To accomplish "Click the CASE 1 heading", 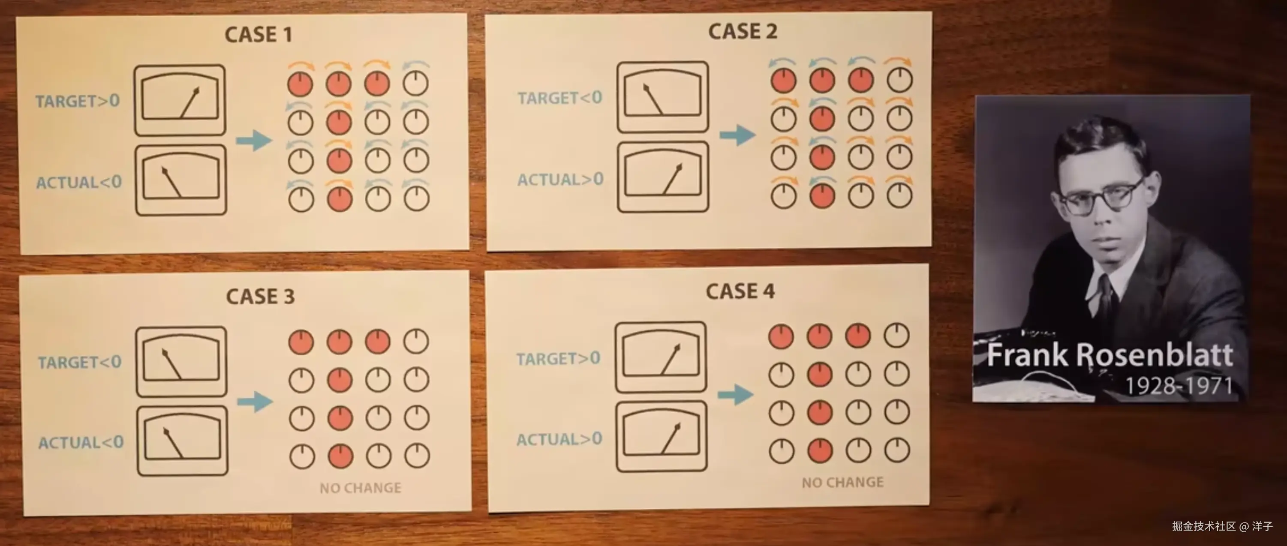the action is [x=258, y=34].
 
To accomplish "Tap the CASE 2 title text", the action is [x=743, y=31].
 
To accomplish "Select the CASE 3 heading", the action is [x=260, y=296].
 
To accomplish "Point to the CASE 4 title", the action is [x=740, y=291].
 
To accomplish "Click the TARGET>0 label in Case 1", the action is [x=78, y=101].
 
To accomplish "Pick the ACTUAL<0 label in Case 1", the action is [x=79, y=182].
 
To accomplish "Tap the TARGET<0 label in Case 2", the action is [x=559, y=98].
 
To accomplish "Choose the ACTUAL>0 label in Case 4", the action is [x=559, y=439].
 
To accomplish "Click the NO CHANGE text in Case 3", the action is [x=360, y=488].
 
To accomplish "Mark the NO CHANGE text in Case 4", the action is [x=842, y=482].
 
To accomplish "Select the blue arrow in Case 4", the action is [x=735, y=395].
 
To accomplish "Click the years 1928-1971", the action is [x=1179, y=385].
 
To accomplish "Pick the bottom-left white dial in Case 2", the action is [x=783, y=196].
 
